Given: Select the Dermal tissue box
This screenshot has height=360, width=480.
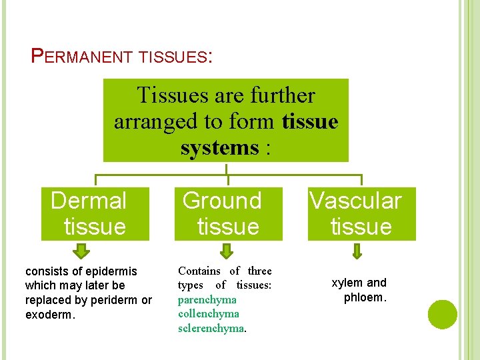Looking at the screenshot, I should [94, 213].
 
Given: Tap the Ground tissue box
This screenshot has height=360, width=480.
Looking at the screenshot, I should [227, 213].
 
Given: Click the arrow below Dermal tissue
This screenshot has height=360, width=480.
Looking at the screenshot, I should [81, 251].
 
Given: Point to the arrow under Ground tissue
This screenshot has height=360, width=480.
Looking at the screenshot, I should [227, 251].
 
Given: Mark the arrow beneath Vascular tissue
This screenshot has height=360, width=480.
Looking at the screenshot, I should [357, 251].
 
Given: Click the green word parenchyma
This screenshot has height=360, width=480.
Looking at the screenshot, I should [207, 299].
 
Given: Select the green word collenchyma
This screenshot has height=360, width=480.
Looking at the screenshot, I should [208, 313].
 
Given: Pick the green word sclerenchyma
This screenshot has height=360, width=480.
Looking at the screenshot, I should [211, 328].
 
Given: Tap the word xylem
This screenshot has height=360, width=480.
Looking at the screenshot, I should [347, 283].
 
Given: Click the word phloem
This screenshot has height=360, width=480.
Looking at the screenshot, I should [364, 297].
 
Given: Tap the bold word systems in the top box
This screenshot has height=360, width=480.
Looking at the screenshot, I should [219, 147].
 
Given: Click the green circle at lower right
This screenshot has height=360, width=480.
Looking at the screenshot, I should [443, 315].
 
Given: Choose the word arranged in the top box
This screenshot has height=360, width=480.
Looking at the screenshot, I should [148, 121].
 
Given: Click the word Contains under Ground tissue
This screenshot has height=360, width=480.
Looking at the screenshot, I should [199, 271].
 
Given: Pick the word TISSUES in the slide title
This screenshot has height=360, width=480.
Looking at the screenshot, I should [173, 57].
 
